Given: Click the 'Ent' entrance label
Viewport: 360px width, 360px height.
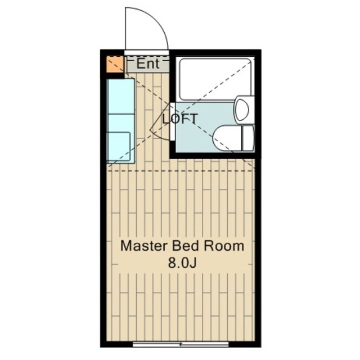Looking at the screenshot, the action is pyautogui.click(x=148, y=64).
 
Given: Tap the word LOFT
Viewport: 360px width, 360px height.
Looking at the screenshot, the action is pyautogui.click(x=180, y=119).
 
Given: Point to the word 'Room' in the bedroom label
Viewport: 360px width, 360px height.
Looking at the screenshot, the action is pyautogui.click(x=224, y=246).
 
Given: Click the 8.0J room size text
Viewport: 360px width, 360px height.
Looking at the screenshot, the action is pyautogui.click(x=182, y=263).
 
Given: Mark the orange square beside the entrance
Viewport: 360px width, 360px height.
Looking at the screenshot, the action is pyautogui.click(x=115, y=64).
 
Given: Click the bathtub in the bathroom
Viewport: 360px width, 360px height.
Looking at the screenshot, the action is pyautogui.click(x=215, y=79).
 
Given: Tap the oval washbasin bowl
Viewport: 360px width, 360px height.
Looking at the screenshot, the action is pyautogui.click(x=242, y=110).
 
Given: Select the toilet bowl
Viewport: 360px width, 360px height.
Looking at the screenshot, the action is pyautogui.click(x=228, y=138).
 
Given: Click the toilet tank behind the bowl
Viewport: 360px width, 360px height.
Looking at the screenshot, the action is pyautogui.click(x=248, y=138).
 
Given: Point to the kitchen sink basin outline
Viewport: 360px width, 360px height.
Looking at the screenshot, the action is pyautogui.click(x=119, y=146).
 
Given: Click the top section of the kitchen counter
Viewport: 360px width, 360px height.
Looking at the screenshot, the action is pyautogui.click(x=121, y=96).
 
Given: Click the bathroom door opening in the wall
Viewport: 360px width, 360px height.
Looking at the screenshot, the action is pyautogui.click(x=173, y=121).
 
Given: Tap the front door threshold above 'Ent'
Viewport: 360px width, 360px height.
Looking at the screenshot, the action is pyautogui.click(x=146, y=52).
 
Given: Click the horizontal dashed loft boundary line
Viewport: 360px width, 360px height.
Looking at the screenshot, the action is pyautogui.click(x=181, y=171).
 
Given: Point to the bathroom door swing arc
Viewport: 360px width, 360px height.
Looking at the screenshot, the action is pyautogui.click(x=160, y=121).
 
